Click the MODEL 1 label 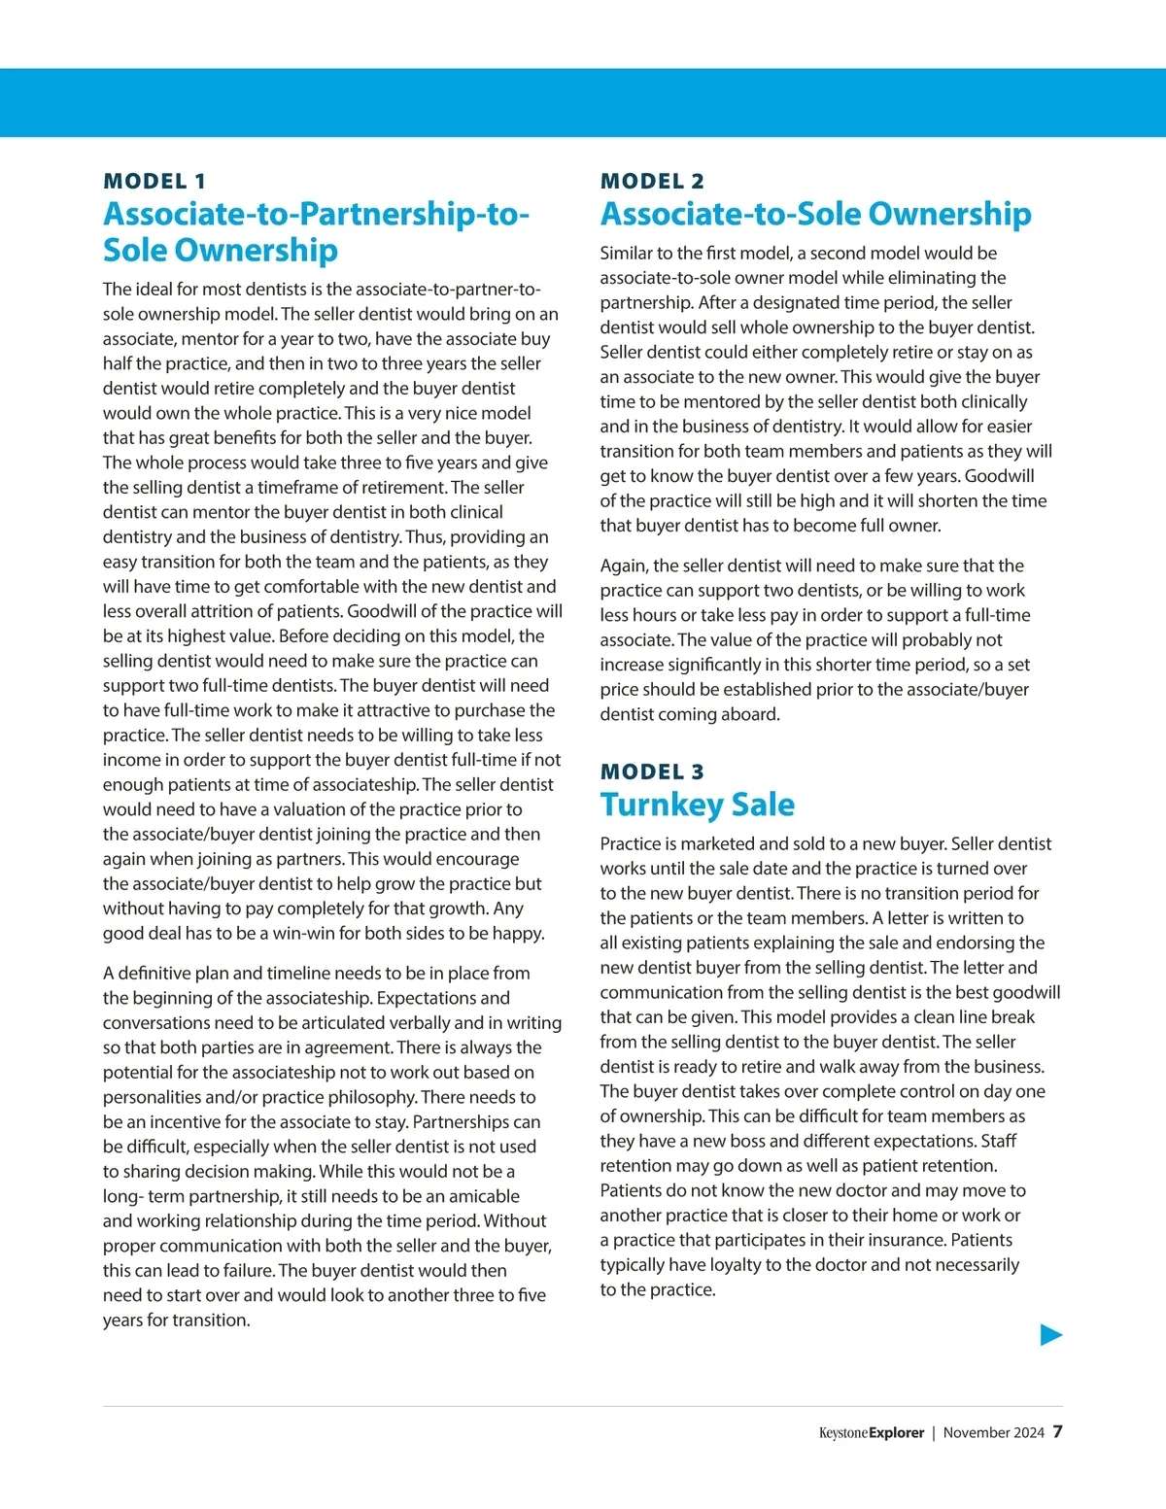(154, 182)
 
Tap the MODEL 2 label (652, 182)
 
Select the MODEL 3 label (652, 772)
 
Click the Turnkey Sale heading (697, 805)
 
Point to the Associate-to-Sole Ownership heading (815, 214)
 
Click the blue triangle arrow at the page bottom (1050, 1335)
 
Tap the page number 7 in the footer (1057, 1432)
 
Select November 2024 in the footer (993, 1433)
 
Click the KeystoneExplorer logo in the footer (871, 1433)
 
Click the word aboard (749, 714)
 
